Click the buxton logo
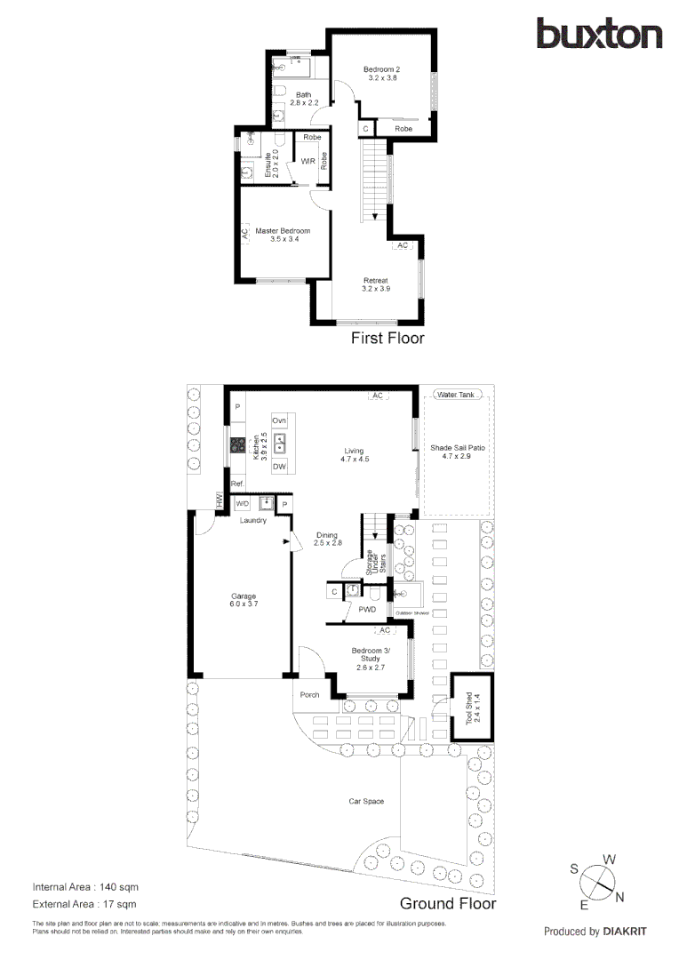[599, 34]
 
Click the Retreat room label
[375, 284]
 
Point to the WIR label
[307, 161]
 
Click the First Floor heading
[387, 338]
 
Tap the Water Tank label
[454, 394]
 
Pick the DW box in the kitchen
[279, 467]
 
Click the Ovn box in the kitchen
[279, 420]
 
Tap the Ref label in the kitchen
[236, 484]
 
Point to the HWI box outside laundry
[218, 501]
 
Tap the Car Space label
[365, 801]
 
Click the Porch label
[310, 695]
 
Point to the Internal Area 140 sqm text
[85, 887]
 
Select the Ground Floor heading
[447, 903]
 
